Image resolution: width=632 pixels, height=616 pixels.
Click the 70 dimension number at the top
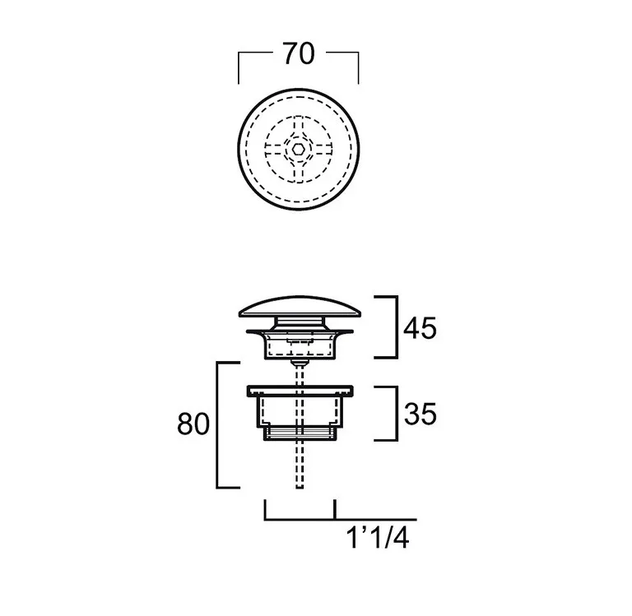(x=299, y=54)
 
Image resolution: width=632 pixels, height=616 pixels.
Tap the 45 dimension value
(x=420, y=328)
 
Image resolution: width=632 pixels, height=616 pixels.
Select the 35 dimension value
(x=420, y=414)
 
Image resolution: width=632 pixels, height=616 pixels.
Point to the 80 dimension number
(x=193, y=424)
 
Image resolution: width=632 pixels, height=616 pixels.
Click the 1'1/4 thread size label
(x=378, y=538)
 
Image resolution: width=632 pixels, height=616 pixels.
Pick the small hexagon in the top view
(x=299, y=150)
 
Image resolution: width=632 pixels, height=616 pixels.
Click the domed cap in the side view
(x=300, y=308)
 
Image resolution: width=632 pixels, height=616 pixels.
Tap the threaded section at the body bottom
(x=300, y=433)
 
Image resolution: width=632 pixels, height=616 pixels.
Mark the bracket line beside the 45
(x=397, y=327)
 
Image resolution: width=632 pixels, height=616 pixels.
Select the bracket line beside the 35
(x=397, y=414)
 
